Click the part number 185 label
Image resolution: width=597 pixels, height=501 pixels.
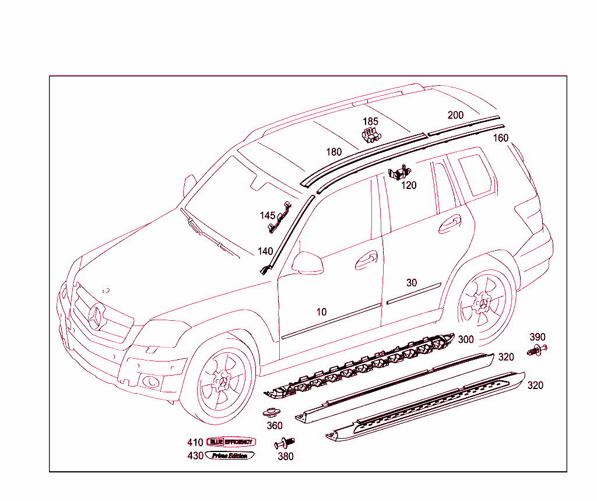pyautogui.click(x=370, y=122)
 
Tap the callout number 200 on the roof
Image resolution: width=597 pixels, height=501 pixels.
pyautogui.click(x=455, y=115)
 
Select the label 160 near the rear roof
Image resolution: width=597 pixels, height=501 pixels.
pyautogui.click(x=500, y=138)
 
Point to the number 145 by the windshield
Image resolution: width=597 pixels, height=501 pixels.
pyautogui.click(x=267, y=216)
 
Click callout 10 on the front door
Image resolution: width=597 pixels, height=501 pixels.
pyautogui.click(x=321, y=312)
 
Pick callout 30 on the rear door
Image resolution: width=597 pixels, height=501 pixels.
pyautogui.click(x=412, y=283)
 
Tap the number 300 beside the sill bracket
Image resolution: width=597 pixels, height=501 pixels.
pyautogui.click(x=466, y=339)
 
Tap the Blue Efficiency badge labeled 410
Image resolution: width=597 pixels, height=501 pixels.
pyautogui.click(x=231, y=442)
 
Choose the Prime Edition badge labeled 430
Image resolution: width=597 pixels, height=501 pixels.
pyautogui.click(x=230, y=456)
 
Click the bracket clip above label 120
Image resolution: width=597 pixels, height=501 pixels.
pyautogui.click(x=399, y=173)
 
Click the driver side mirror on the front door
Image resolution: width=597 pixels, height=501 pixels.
pyautogui.click(x=308, y=263)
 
